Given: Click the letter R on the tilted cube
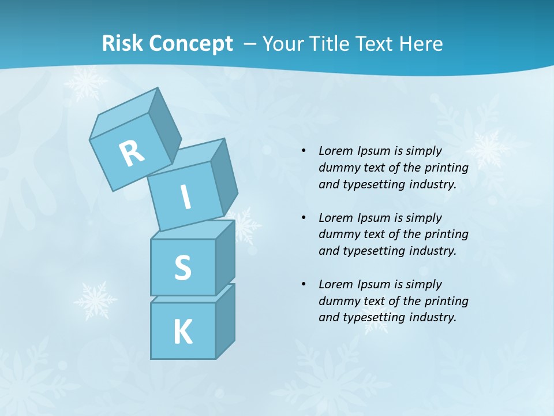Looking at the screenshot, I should pyautogui.click(x=132, y=153).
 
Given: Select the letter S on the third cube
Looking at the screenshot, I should pyautogui.click(x=182, y=268).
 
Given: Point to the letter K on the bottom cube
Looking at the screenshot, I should pyautogui.click(x=182, y=332).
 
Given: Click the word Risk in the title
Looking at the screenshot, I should pyautogui.click(x=122, y=44).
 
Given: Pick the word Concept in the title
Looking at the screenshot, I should pyautogui.click(x=190, y=44).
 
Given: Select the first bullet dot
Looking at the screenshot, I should pyautogui.click(x=304, y=151).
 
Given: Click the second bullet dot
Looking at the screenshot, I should pyautogui.click(x=304, y=218).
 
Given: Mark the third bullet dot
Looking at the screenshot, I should pyautogui.click(x=304, y=284).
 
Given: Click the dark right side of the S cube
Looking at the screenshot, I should pyautogui.click(x=225, y=257).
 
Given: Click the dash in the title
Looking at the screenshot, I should pyautogui.click(x=250, y=44).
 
